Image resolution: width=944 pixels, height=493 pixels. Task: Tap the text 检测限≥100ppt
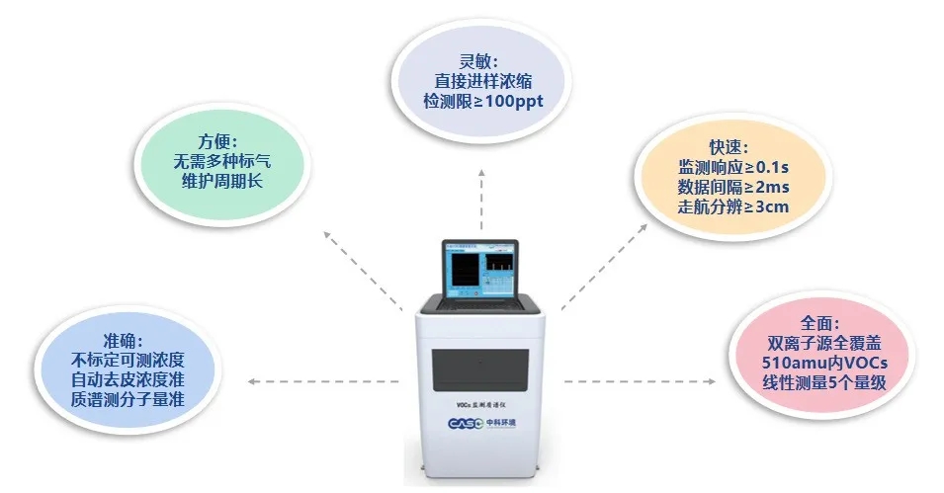[483, 102]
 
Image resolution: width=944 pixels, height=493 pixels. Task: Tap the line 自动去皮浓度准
[129, 379]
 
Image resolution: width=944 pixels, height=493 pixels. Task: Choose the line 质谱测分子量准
[129, 400]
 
